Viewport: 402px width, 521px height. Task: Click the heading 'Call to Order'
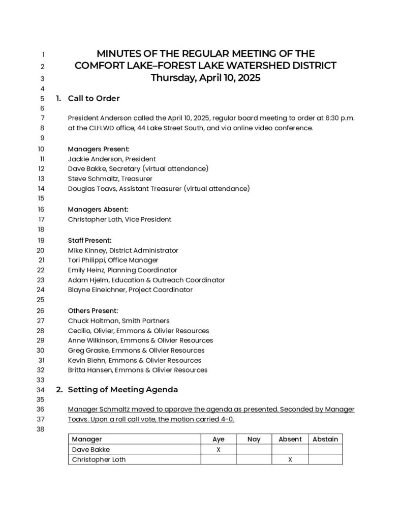pyautogui.click(x=94, y=98)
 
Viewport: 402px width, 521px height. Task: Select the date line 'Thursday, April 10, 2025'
pyautogui.click(x=205, y=78)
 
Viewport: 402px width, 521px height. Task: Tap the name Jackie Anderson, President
pyautogui.click(x=112, y=159)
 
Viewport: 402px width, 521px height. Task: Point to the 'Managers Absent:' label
pyautogui.click(x=98, y=209)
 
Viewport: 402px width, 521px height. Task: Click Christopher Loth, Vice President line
pyautogui.click(x=119, y=219)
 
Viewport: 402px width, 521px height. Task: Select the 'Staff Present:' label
pyautogui.click(x=89, y=240)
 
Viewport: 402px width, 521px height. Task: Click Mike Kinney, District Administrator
pyautogui.click(x=123, y=250)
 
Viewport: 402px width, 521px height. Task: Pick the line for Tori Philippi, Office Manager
pyautogui.click(x=113, y=260)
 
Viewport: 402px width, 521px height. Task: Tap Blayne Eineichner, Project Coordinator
pyautogui.click(x=130, y=290)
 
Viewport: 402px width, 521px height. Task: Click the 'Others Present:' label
pyautogui.click(x=93, y=310)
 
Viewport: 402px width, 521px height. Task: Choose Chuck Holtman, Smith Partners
pyautogui.click(x=118, y=321)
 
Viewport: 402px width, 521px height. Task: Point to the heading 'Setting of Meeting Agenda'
pyautogui.click(x=122, y=390)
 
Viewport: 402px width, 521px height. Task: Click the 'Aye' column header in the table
pyautogui.click(x=218, y=439)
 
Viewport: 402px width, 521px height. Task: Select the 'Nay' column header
pyautogui.click(x=254, y=439)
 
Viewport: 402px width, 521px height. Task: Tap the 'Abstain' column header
pyautogui.click(x=325, y=439)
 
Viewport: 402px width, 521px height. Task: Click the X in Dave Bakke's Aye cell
pyautogui.click(x=218, y=449)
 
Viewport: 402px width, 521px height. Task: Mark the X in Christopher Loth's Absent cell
pyautogui.click(x=290, y=459)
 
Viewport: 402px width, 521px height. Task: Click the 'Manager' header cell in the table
pyautogui.click(x=87, y=439)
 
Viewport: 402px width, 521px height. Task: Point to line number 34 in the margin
pyautogui.click(x=41, y=390)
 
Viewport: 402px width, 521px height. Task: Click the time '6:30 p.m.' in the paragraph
pyautogui.click(x=337, y=118)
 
